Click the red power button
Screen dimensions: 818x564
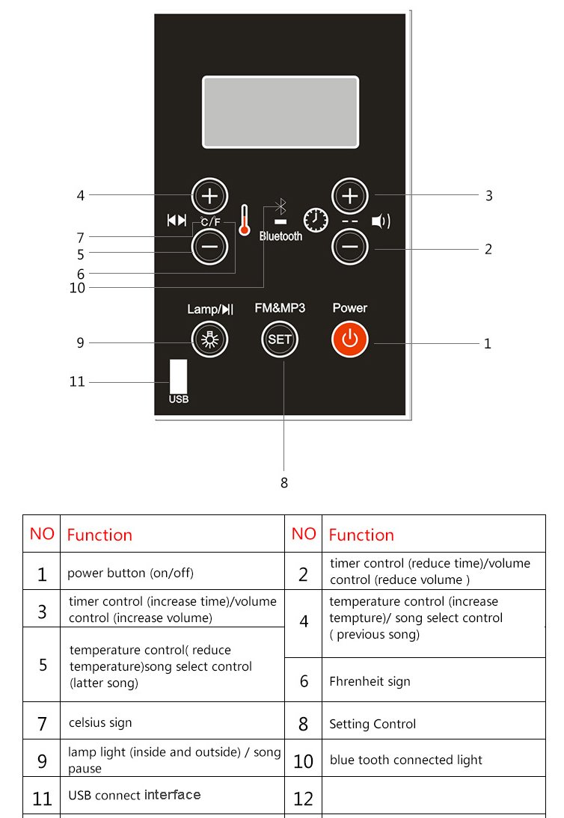tap(349, 339)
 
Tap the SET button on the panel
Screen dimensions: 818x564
tap(280, 339)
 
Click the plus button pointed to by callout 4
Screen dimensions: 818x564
tap(209, 197)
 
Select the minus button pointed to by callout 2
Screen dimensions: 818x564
tap(349, 246)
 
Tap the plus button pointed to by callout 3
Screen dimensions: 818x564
tap(349, 197)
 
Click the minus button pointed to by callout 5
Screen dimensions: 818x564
tap(209, 247)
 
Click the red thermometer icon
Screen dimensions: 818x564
tap(244, 221)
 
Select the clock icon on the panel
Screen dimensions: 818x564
tap(315, 220)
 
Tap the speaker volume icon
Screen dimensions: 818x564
tap(381, 221)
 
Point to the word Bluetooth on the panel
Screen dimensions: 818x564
tap(281, 236)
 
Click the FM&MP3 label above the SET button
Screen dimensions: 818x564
tap(280, 308)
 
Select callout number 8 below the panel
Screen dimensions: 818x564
tap(283, 483)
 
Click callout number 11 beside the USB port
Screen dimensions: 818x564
tap(77, 381)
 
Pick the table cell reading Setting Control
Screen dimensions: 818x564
tap(373, 724)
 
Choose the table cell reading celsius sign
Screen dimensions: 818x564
tap(99, 723)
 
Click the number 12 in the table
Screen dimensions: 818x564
tap(303, 799)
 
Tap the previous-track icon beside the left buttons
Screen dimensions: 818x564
tap(177, 220)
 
